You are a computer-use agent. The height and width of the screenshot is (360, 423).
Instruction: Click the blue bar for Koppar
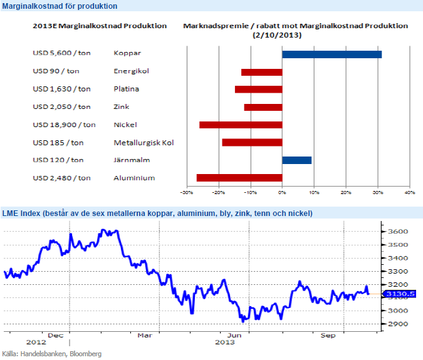[332, 54]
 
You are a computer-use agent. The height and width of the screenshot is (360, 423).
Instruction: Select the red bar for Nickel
[241, 125]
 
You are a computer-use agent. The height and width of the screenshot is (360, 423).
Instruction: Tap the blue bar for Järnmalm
[296, 160]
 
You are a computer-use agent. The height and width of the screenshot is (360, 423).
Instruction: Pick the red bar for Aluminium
[239, 178]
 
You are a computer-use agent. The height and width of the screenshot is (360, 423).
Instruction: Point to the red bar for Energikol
[261, 72]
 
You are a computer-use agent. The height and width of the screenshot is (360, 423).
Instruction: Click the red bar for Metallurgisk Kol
[252, 143]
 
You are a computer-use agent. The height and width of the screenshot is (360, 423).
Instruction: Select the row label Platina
[126, 89]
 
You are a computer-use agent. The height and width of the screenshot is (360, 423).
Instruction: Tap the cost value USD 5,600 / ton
[61, 54]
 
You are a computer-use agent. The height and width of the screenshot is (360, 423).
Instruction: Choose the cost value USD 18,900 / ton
[64, 125]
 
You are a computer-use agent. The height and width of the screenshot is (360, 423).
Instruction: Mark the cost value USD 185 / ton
[58, 143]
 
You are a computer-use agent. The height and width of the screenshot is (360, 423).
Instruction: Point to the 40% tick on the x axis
[409, 192]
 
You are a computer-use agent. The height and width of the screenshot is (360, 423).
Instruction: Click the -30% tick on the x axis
[186, 192]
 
